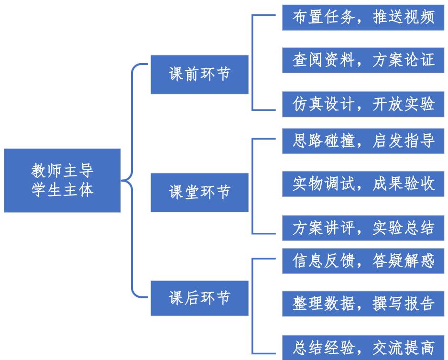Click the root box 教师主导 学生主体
(x=62, y=180)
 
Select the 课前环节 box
(x=199, y=75)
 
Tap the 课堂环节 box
(x=199, y=192)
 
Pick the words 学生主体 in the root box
(x=62, y=189)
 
